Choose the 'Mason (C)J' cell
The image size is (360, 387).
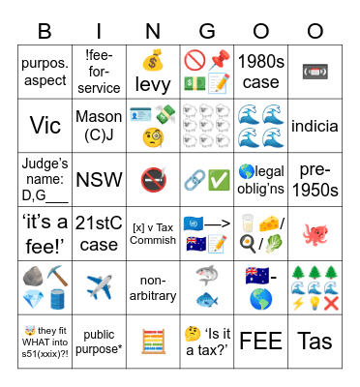click(x=98, y=125)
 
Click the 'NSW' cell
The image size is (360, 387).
click(x=98, y=179)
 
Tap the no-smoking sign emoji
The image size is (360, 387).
click(x=153, y=179)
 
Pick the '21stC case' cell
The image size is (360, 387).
click(x=98, y=234)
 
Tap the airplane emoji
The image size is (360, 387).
click(x=98, y=288)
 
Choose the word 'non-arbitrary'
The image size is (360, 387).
click(x=153, y=288)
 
